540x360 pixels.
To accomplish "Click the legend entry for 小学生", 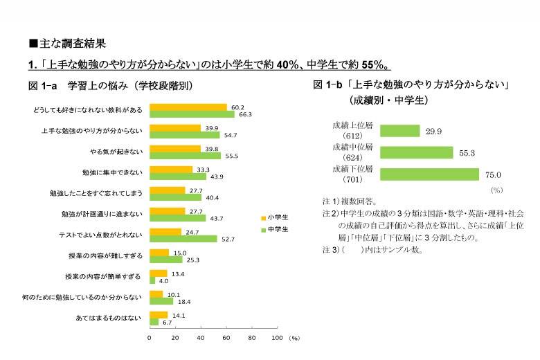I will [x=274, y=217].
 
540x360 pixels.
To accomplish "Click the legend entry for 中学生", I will [x=274, y=228].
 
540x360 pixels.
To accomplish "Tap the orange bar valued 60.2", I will [x=188, y=107].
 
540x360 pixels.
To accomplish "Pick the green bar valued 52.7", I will [x=183, y=239].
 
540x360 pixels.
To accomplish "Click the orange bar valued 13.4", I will [x=159, y=273].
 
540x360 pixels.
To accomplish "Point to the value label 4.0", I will [x=164, y=281].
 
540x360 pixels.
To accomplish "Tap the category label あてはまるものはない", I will [x=108, y=318].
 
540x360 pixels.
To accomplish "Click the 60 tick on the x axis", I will [x=226, y=338].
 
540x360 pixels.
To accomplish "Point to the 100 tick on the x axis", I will [x=277, y=338].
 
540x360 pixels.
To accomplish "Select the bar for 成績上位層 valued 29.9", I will [x=400, y=131].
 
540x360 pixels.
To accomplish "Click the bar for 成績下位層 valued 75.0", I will [x=430, y=174].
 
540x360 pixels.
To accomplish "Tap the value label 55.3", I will [x=468, y=153].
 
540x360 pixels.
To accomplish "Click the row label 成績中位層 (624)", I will [x=353, y=152].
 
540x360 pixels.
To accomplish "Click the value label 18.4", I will [x=183, y=301].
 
